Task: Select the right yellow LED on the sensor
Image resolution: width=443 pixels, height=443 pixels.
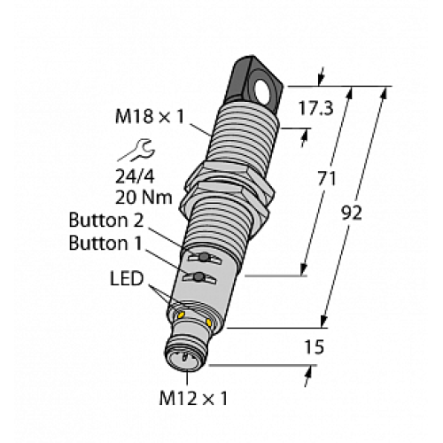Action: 209,321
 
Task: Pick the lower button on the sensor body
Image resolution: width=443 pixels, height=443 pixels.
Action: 200,278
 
